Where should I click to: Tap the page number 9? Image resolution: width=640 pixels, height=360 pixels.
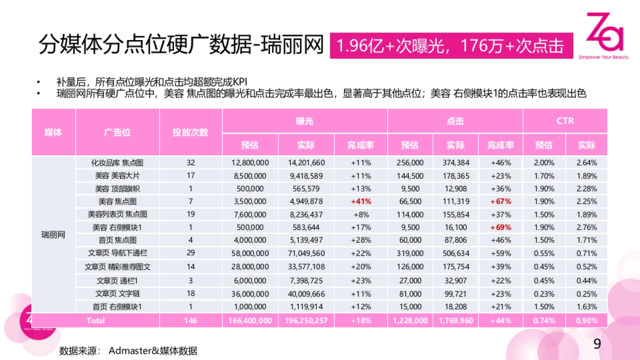click(x=597, y=344)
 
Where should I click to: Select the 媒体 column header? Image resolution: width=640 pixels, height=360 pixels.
click(x=53, y=132)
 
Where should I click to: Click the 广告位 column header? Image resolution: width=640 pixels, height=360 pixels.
click(x=117, y=132)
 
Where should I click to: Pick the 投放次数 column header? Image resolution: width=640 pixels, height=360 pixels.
click(x=190, y=132)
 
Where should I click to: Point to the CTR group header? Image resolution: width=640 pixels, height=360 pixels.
click(x=565, y=121)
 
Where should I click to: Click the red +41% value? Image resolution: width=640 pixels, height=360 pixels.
click(x=361, y=202)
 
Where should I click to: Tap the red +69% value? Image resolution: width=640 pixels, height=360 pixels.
click(x=500, y=227)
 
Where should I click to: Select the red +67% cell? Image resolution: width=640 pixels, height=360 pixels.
click(x=500, y=202)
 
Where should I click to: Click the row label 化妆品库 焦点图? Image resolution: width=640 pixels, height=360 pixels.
click(x=117, y=163)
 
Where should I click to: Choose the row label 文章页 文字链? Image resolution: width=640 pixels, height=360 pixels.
click(x=117, y=293)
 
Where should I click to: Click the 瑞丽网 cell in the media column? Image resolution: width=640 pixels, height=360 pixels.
click(x=53, y=235)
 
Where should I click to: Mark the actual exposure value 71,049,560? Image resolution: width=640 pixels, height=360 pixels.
click(x=306, y=253)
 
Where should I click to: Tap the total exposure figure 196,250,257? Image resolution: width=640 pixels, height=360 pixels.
click(x=306, y=321)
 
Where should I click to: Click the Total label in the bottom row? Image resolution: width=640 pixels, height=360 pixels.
click(x=95, y=321)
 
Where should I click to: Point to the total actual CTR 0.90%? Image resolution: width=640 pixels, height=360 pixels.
click(x=586, y=321)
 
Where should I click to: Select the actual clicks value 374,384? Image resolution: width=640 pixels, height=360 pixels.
click(x=455, y=163)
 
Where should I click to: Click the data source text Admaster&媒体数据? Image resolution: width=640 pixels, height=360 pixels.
click(x=153, y=351)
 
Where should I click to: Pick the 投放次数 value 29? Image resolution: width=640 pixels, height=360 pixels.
click(x=190, y=253)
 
